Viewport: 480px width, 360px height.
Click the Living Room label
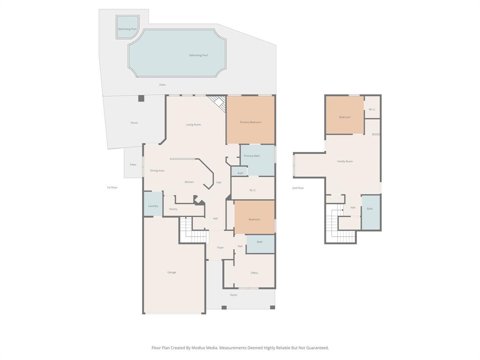pos(193,125)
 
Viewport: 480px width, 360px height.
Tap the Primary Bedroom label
pos(250,122)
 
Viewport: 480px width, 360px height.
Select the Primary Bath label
pos(252,156)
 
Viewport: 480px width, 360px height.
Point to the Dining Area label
pos(157,171)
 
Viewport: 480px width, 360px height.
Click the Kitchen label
pos(189,182)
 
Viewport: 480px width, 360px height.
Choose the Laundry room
pos(153,205)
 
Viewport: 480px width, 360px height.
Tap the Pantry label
pos(173,209)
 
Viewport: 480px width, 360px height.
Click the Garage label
pos(172,272)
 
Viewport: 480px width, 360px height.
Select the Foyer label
pos(220,247)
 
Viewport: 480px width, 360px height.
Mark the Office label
pos(254,273)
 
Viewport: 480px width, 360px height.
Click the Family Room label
pos(345,161)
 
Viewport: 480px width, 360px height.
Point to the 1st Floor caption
pos(112,187)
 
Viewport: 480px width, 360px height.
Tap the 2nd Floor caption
pos(298,188)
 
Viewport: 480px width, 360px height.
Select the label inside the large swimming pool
pos(198,55)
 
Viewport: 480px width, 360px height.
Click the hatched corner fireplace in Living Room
pos(218,103)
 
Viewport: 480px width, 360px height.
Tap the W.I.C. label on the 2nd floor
pos(372,110)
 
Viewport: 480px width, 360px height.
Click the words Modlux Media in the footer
pos(206,348)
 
